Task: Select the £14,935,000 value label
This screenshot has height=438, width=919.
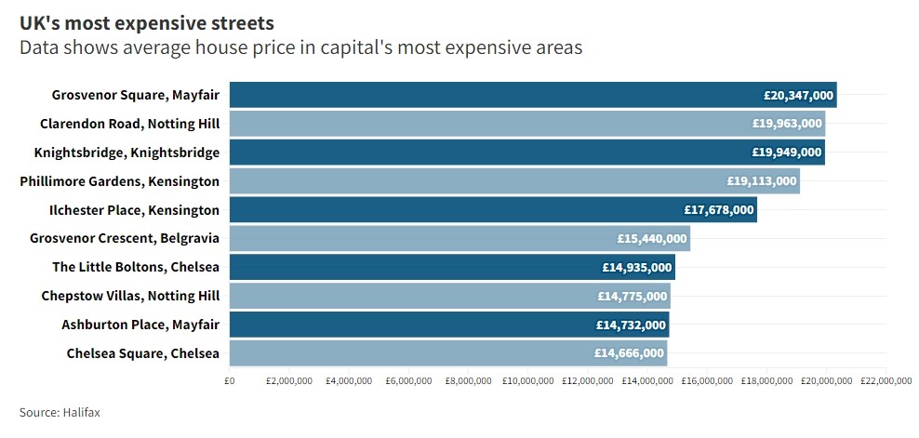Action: (636, 268)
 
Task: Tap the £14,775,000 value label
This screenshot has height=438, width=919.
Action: (633, 297)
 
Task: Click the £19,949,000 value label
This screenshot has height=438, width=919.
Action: (787, 153)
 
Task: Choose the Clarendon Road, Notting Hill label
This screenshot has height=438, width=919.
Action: (129, 124)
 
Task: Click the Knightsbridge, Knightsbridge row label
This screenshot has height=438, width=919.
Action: (127, 153)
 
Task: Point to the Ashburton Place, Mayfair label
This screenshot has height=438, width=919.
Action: (140, 325)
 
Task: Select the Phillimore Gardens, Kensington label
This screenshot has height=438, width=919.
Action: (120, 181)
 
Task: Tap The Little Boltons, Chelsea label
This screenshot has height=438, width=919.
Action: (136, 268)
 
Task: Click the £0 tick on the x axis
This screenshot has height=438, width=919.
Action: (230, 380)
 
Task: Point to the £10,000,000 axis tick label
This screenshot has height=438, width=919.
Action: (528, 380)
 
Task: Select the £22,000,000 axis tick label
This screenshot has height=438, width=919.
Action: (886, 380)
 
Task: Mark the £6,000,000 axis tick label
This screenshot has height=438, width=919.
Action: (409, 380)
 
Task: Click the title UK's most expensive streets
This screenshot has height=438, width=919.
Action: (147, 21)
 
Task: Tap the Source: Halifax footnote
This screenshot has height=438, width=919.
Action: (60, 412)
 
